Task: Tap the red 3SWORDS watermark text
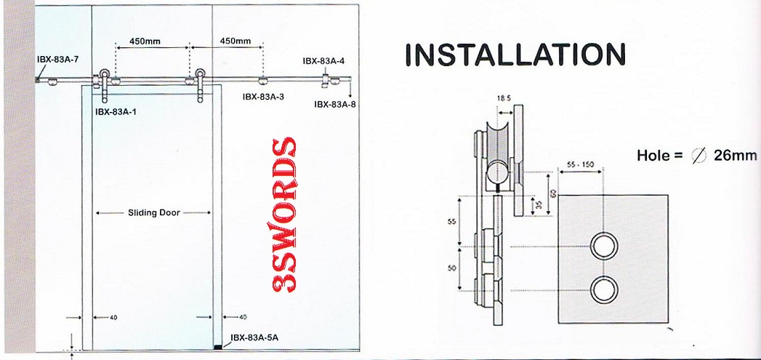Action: (283, 215)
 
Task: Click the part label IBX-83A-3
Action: (263, 96)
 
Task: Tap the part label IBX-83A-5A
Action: (254, 337)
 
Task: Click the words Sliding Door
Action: (153, 213)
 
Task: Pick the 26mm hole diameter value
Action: (736, 156)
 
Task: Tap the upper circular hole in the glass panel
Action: (603, 247)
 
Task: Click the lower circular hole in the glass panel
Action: (603, 289)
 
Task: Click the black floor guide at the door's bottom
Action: (217, 345)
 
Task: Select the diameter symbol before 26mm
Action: (699, 156)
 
